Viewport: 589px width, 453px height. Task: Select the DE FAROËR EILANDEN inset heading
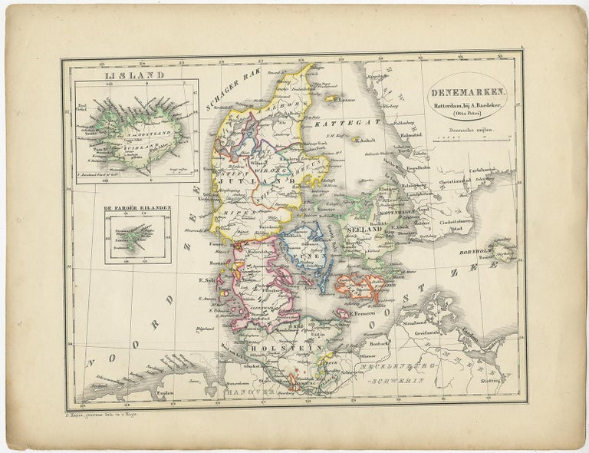pos(138,208)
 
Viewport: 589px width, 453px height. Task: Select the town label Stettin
pos(491,380)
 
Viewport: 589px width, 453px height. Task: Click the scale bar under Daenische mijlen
pos(469,141)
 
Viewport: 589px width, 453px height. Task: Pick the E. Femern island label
pos(364,313)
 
